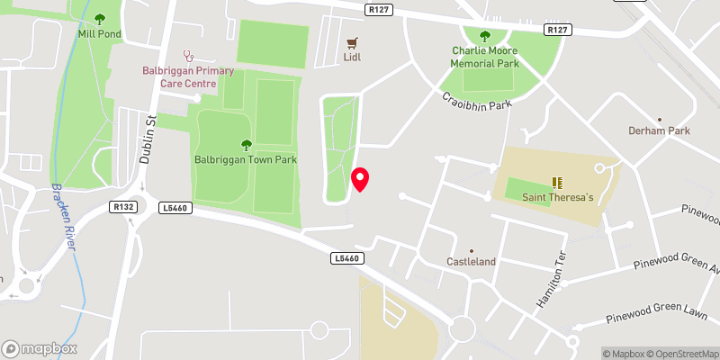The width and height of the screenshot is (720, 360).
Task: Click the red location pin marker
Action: pos(360,179)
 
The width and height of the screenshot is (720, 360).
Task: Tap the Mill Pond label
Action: pos(99,34)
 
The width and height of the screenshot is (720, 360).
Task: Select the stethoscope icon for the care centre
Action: pos(188,55)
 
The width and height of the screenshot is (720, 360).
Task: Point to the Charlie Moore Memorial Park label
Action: pos(485,57)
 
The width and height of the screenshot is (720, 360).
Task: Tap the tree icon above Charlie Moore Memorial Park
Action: pos(485,36)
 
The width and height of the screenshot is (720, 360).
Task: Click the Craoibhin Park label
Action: pos(476,103)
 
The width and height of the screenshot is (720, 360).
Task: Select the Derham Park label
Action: pos(659,130)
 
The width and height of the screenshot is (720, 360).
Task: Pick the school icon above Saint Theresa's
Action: pos(555,182)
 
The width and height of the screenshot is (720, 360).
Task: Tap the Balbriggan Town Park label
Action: pos(246,159)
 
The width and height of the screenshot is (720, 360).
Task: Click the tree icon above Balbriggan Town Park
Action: pos(246,144)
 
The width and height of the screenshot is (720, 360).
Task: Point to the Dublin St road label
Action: pos(149,140)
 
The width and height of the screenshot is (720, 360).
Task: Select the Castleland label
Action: pos(472,262)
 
